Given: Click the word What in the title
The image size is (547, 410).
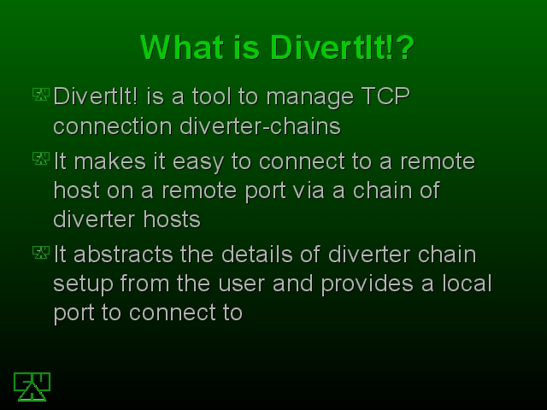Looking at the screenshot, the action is (x=182, y=47).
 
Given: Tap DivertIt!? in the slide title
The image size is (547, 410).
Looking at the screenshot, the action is (x=342, y=47).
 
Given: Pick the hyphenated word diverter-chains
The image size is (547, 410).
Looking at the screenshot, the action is (x=260, y=126).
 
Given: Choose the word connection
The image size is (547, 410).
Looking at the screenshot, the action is (x=113, y=127).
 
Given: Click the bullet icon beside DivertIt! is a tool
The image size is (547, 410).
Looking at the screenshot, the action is (x=41, y=94).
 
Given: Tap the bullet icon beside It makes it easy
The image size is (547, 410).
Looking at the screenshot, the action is (x=41, y=158).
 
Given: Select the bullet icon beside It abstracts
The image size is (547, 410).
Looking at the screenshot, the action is (x=41, y=252).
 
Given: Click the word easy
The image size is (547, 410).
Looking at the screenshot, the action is (x=197, y=163).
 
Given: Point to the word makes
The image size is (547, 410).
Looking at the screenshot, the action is (x=110, y=161).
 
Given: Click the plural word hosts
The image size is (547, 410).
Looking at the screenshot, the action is (x=172, y=220).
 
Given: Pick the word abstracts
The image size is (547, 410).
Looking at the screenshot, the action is (x=123, y=255).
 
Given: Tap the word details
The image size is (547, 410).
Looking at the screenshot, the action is (x=257, y=255).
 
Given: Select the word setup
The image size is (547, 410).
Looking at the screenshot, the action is (x=83, y=284).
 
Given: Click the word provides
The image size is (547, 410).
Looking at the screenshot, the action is (x=367, y=284).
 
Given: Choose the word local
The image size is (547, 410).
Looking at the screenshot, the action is (x=468, y=283).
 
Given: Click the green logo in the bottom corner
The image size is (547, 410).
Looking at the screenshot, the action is (x=32, y=387).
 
